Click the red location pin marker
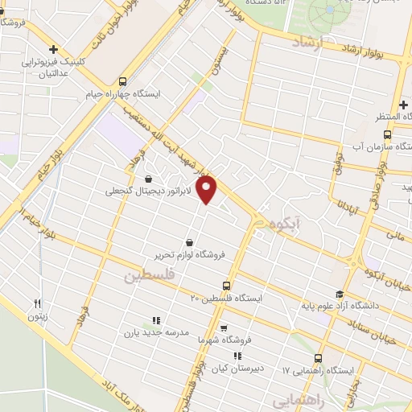tap(208, 190)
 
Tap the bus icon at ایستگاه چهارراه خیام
tap(122, 81)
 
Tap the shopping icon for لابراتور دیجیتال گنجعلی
tap(149, 179)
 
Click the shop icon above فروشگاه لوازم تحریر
tap(189, 241)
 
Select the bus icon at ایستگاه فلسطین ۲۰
tap(225, 285)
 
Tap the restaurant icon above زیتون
tap(37, 303)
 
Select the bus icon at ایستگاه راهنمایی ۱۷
tap(318, 357)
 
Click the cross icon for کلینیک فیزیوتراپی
tap(53, 49)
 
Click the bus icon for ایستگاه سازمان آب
tap(387, 134)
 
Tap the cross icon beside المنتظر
tap(402, 105)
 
